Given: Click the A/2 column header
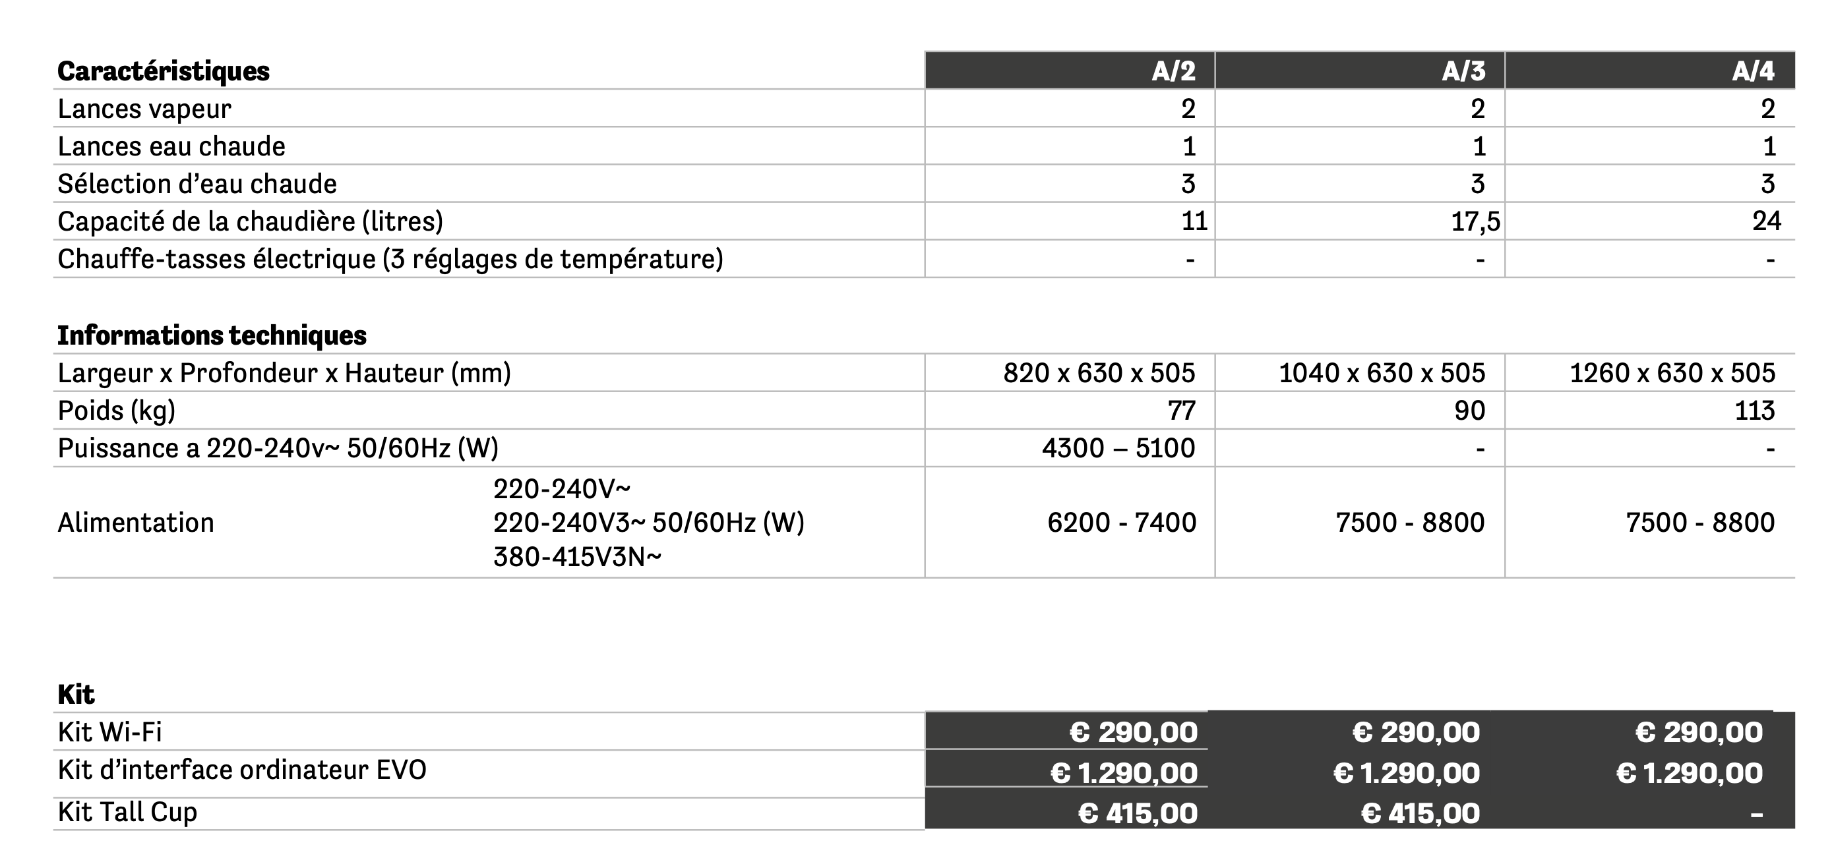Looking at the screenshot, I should pyautogui.click(x=1173, y=71).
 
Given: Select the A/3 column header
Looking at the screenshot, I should pyautogui.click(x=1463, y=71).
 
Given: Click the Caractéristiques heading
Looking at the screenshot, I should pyautogui.click(x=164, y=71).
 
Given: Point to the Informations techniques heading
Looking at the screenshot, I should pyautogui.click(x=212, y=335).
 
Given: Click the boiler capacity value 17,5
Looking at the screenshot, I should pyautogui.click(x=1475, y=221).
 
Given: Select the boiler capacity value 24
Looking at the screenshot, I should pyautogui.click(x=1766, y=221).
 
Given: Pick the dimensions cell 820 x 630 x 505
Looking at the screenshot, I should pyautogui.click(x=1099, y=373).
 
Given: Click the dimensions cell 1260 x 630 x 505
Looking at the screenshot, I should pyautogui.click(x=1672, y=373).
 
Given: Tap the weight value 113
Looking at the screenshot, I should pyautogui.click(x=1754, y=411).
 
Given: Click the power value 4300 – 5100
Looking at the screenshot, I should pyautogui.click(x=1118, y=449).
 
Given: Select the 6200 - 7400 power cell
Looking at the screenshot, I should pyautogui.click(x=1122, y=523).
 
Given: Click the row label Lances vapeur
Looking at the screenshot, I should pyautogui.click(x=144, y=109).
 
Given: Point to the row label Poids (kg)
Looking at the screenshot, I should pyautogui.click(x=117, y=411).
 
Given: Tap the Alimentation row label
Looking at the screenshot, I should pyautogui.click(x=136, y=523).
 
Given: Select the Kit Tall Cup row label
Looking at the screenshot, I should pyautogui.click(x=127, y=812).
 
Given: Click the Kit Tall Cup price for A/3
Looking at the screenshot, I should pyautogui.click(x=1420, y=813).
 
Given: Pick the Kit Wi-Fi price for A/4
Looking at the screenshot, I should pyautogui.click(x=1699, y=732).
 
